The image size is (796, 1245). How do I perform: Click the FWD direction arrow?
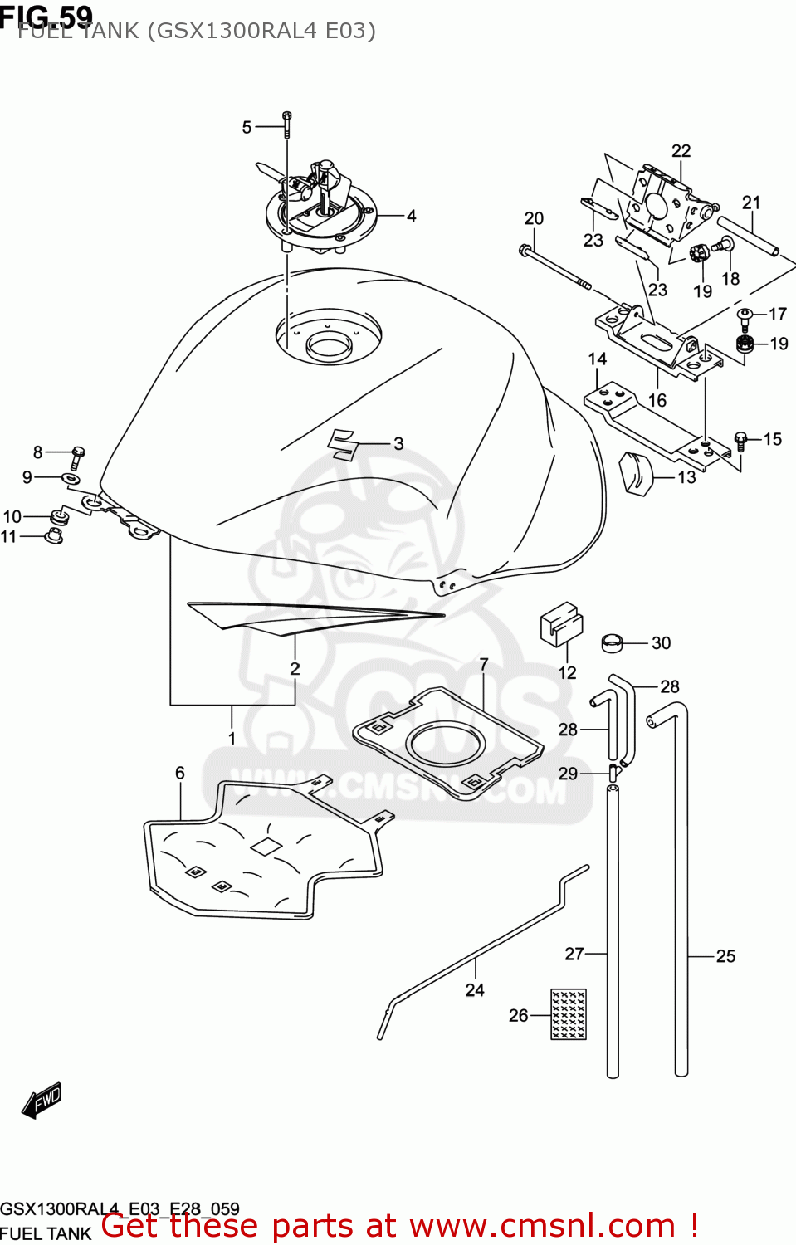pos(42,1101)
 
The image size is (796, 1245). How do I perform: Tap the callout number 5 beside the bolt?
pos(247,128)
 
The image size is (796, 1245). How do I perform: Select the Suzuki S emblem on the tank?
pos(343,444)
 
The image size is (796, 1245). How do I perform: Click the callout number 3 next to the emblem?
pos(398,444)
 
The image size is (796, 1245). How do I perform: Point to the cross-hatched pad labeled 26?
pos(569,1013)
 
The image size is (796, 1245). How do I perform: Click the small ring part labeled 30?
pos(612,642)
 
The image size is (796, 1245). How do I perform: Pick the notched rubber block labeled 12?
pos(561,623)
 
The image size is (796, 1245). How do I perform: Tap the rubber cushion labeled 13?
pos(637,474)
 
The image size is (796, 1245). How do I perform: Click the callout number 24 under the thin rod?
pos(475,990)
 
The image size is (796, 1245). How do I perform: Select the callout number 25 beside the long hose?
pos(725,956)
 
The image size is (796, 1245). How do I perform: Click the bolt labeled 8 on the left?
pos(76,455)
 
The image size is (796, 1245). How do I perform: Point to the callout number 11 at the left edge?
pos(8,537)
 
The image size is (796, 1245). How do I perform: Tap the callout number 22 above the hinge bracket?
pos(681,151)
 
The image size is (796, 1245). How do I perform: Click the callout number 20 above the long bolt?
pos(534,218)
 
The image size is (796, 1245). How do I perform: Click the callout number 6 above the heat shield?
pos(179,773)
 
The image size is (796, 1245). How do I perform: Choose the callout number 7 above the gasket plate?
pos(484,665)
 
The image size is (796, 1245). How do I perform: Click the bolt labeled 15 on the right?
pos(741,438)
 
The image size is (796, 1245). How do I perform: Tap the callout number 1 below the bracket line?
pos(232,738)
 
